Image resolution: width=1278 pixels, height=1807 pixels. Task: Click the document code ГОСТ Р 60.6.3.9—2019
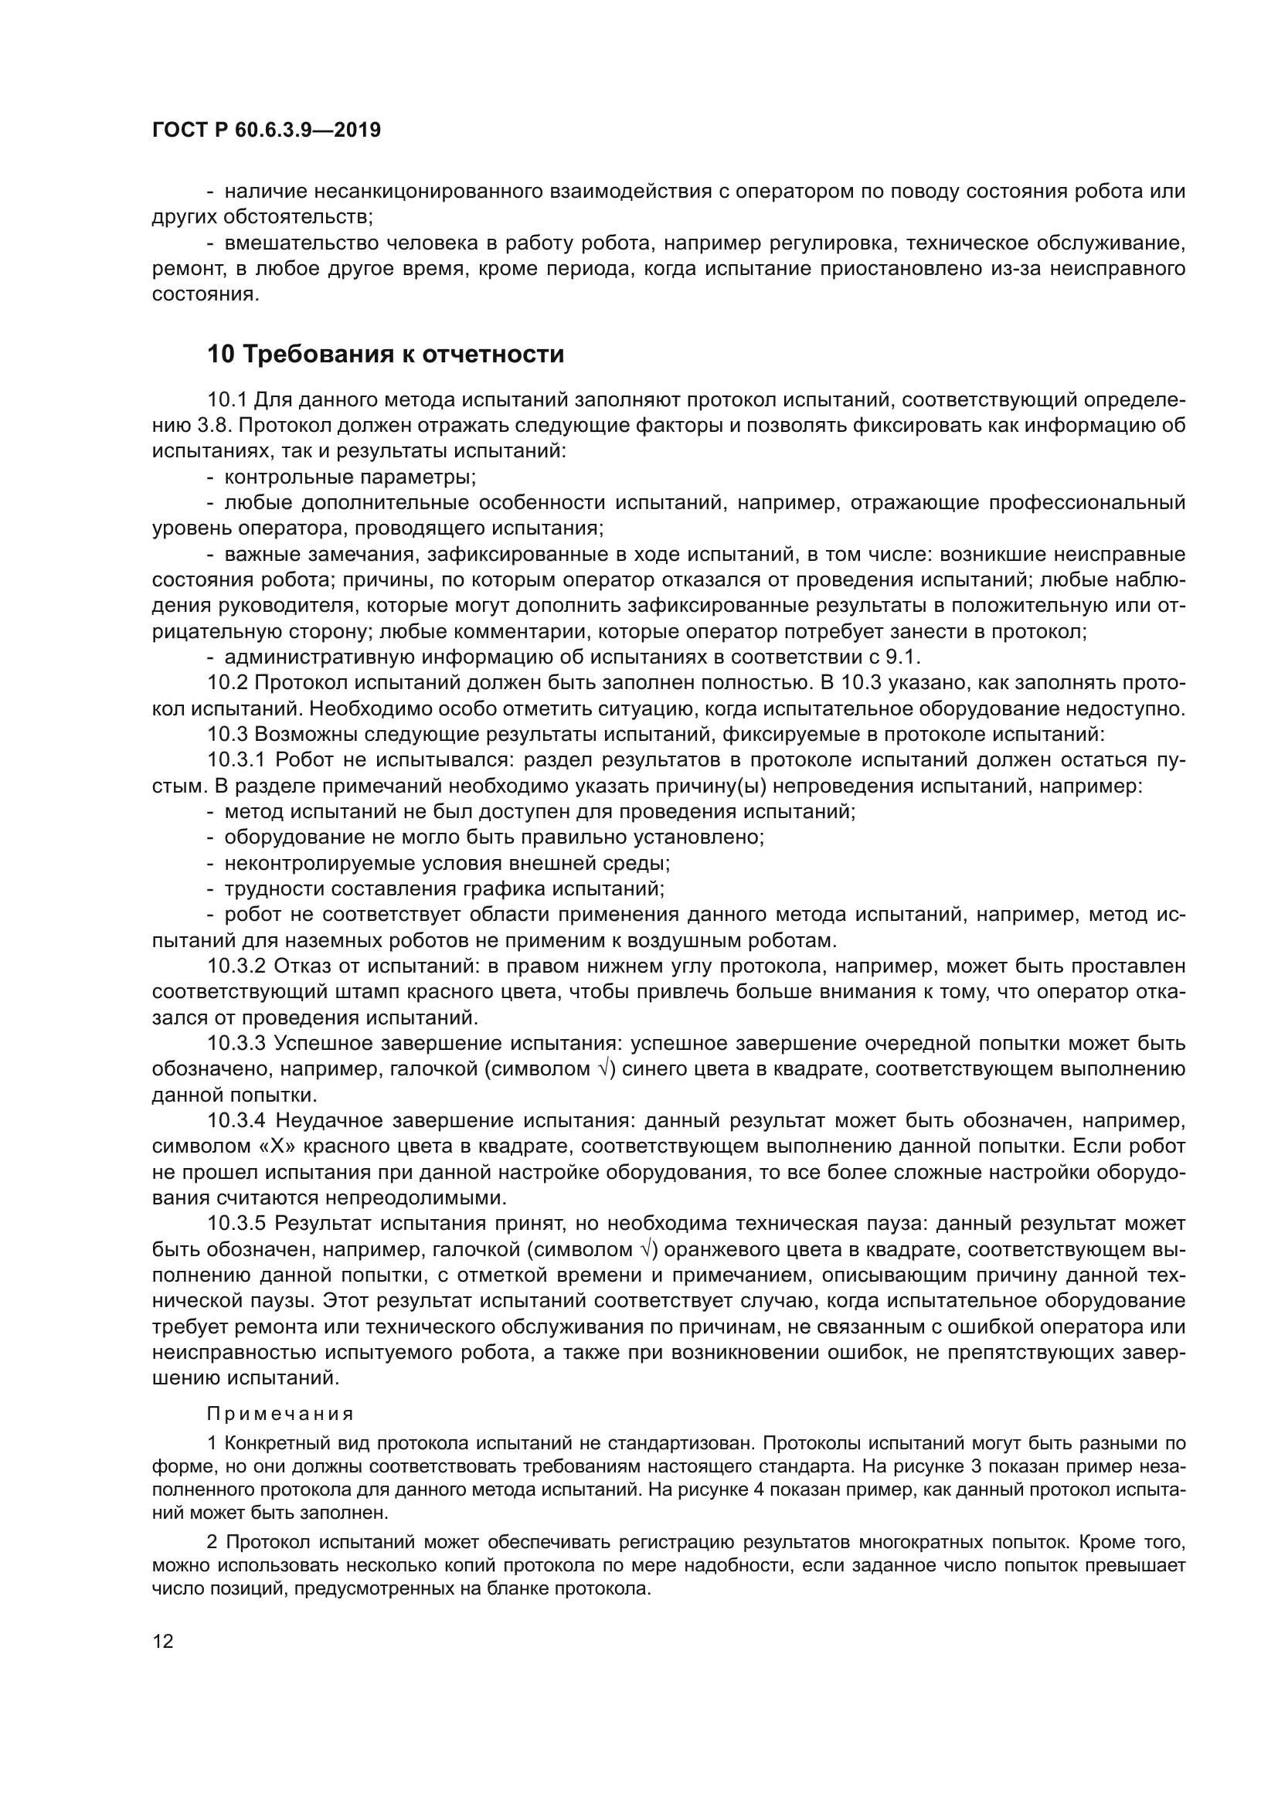[x=266, y=131]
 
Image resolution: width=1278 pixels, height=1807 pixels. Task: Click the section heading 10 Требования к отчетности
[x=386, y=355]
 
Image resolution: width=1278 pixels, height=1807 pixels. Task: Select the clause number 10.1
[x=227, y=401]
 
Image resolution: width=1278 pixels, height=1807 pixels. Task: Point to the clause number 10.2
[x=227, y=683]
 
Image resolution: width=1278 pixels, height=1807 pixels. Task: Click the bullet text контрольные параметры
[x=350, y=477]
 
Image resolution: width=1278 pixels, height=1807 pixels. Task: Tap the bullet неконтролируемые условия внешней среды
[x=446, y=864]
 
